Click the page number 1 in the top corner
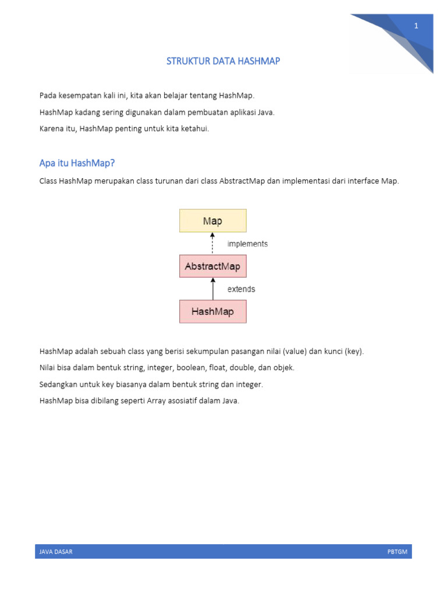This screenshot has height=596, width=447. pyautogui.click(x=416, y=26)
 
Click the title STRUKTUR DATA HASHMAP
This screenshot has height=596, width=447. pyautogui.click(x=223, y=61)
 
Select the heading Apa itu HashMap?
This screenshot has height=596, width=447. pyautogui.click(x=77, y=162)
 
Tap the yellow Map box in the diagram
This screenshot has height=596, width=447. pyautogui.click(x=212, y=221)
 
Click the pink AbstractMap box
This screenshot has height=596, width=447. pyautogui.click(x=212, y=267)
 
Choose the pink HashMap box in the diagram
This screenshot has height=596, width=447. pyautogui.click(x=212, y=311)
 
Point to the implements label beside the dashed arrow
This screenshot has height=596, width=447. pyautogui.click(x=247, y=244)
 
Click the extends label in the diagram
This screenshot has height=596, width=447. pyautogui.click(x=241, y=289)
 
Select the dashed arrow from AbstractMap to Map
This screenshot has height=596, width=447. pyautogui.click(x=212, y=243)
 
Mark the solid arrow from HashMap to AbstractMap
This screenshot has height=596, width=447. pyautogui.click(x=212, y=289)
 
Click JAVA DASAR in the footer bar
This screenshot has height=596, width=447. pyautogui.click(x=56, y=552)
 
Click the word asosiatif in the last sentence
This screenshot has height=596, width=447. pyautogui.click(x=187, y=400)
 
